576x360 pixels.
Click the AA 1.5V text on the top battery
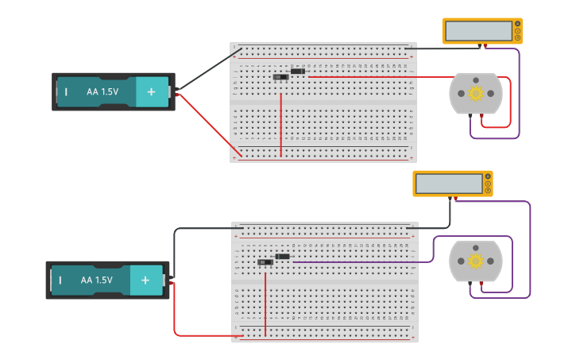(102, 92)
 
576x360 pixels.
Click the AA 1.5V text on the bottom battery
(96, 281)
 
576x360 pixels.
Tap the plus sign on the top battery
(151, 92)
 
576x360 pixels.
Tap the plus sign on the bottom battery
(145, 281)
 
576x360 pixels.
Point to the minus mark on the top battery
(66, 92)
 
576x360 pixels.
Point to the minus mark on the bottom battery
(60, 281)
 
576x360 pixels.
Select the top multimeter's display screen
(479, 31)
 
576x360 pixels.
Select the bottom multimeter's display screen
(450, 184)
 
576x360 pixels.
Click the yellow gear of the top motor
(476, 94)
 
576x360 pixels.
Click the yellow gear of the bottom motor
(476, 261)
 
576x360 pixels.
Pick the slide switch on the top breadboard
(280, 77)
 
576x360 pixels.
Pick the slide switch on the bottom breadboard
(265, 261)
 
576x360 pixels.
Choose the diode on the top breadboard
(298, 72)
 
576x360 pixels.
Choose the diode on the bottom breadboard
(283, 256)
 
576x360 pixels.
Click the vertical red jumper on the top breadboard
(281, 123)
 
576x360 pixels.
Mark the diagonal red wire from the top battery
(209, 126)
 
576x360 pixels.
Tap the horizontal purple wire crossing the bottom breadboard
(358, 261)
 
